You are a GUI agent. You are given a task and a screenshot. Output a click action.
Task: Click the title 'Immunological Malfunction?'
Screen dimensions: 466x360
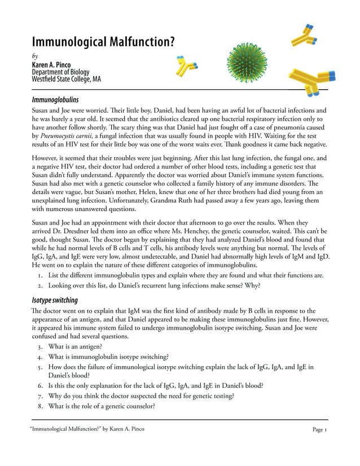click(x=102, y=42)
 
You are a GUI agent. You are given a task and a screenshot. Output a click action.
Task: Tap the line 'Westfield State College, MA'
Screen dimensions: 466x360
click(x=66, y=79)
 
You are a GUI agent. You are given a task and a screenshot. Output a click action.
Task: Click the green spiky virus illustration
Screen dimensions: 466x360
click(x=248, y=64)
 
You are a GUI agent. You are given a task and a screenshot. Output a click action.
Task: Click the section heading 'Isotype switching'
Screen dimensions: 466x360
click(x=54, y=300)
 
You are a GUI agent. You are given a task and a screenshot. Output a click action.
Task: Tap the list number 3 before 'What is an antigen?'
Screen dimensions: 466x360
click(x=40, y=346)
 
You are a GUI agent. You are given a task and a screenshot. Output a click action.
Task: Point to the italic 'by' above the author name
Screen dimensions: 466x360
click(x=35, y=56)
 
